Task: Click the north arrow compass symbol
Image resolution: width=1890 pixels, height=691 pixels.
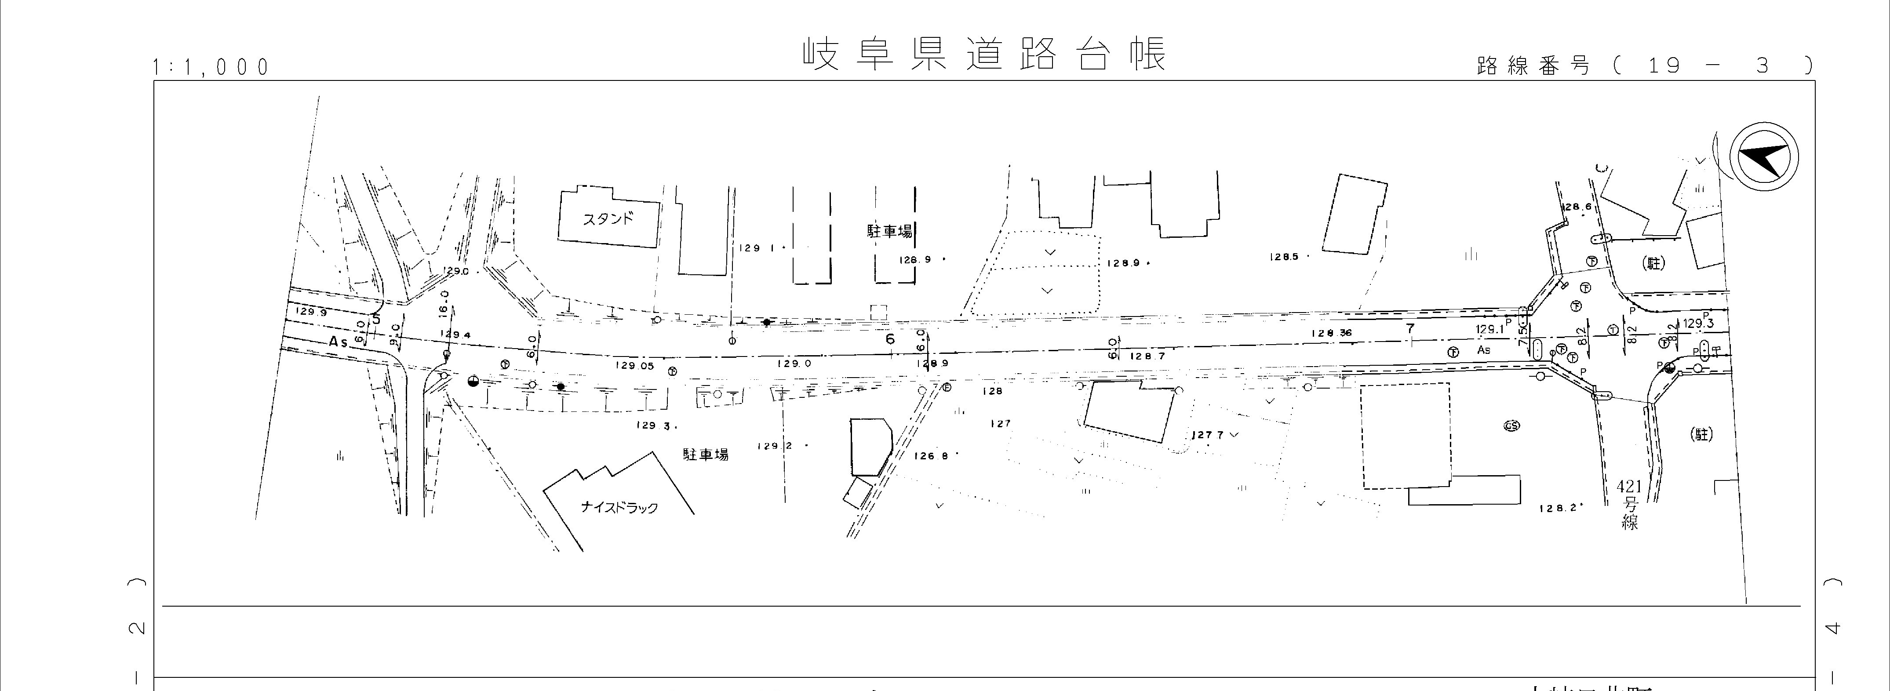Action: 1764,156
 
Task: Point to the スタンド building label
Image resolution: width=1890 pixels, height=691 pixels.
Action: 608,218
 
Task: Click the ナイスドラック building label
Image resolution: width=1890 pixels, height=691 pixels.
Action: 619,507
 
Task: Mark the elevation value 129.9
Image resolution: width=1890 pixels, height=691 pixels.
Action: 311,312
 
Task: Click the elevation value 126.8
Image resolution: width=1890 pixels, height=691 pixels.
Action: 932,455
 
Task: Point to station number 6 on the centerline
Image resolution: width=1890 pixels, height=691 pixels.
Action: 890,339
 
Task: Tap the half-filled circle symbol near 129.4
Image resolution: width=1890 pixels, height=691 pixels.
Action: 473,381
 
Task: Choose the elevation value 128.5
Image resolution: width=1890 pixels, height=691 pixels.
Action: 1284,257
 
